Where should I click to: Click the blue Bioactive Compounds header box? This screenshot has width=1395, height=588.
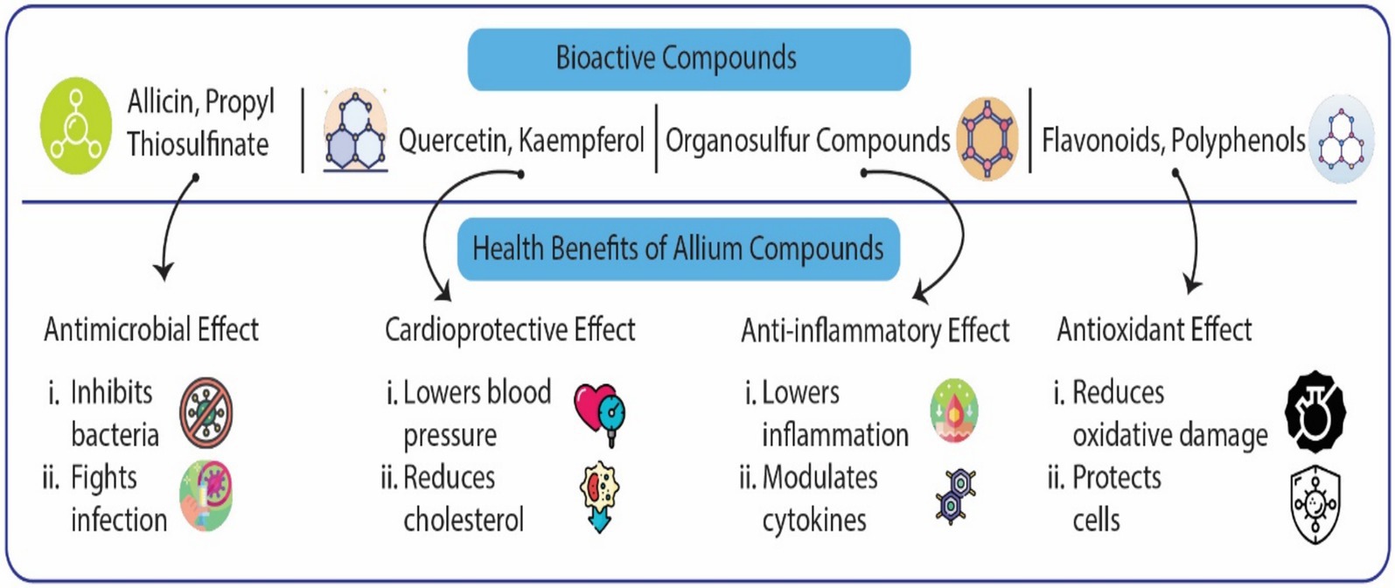[x=688, y=59]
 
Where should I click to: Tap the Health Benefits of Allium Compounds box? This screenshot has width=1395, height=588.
[x=678, y=248]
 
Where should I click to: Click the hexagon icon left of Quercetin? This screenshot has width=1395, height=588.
[x=354, y=129]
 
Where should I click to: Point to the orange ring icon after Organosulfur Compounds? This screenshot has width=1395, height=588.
[x=987, y=138]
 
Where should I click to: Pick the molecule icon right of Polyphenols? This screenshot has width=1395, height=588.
[x=1341, y=138]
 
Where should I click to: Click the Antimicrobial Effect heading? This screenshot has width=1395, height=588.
[x=151, y=330]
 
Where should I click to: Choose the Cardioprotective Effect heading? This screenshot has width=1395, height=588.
[x=510, y=330]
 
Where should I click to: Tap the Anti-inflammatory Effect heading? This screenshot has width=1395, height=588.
[x=875, y=331]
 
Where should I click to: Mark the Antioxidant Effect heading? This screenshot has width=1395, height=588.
[x=1154, y=330]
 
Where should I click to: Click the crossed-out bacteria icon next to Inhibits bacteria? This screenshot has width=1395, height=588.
[x=206, y=413]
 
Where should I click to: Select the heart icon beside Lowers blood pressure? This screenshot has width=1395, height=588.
[x=600, y=413]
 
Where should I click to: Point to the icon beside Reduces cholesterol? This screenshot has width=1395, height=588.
[x=600, y=497]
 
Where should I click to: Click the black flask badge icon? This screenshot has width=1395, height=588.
[x=1315, y=411]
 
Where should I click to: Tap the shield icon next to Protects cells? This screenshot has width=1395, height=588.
[x=1315, y=505]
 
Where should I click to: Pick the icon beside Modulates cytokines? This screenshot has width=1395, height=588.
[x=955, y=496]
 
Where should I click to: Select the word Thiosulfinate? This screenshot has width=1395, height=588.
[x=198, y=144]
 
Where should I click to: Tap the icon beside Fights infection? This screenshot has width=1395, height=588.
[x=206, y=496]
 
